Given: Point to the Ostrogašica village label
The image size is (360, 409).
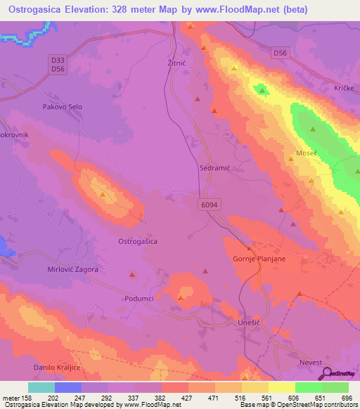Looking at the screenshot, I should point(136,241).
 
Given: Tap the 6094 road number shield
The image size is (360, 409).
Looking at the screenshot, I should point(207,202).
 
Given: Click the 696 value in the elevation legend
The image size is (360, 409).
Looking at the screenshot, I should point(345,398).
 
